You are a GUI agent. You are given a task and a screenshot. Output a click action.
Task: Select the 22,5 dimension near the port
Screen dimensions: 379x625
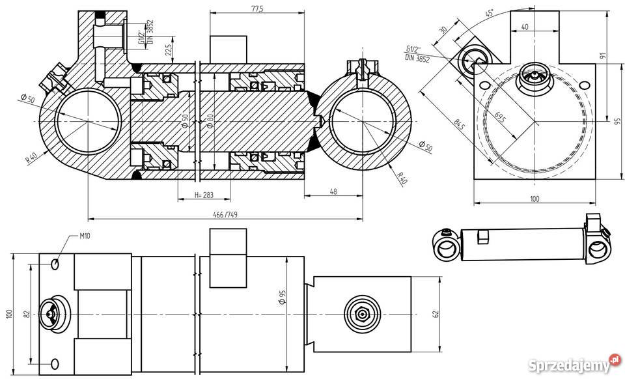pos(169,49)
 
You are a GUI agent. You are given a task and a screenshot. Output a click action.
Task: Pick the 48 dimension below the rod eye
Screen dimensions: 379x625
pos(333,191)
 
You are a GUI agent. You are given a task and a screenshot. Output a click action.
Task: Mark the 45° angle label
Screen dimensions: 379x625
pos(490,12)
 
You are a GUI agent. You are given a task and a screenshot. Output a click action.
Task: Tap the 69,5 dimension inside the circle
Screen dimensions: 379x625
pos(500,117)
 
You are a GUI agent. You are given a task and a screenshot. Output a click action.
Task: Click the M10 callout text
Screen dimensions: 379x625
pos(85,236)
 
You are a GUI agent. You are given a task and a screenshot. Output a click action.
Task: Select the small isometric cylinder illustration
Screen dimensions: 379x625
pos(521,243)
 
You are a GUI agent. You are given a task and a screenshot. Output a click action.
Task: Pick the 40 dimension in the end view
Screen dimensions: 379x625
pos(525,27)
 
